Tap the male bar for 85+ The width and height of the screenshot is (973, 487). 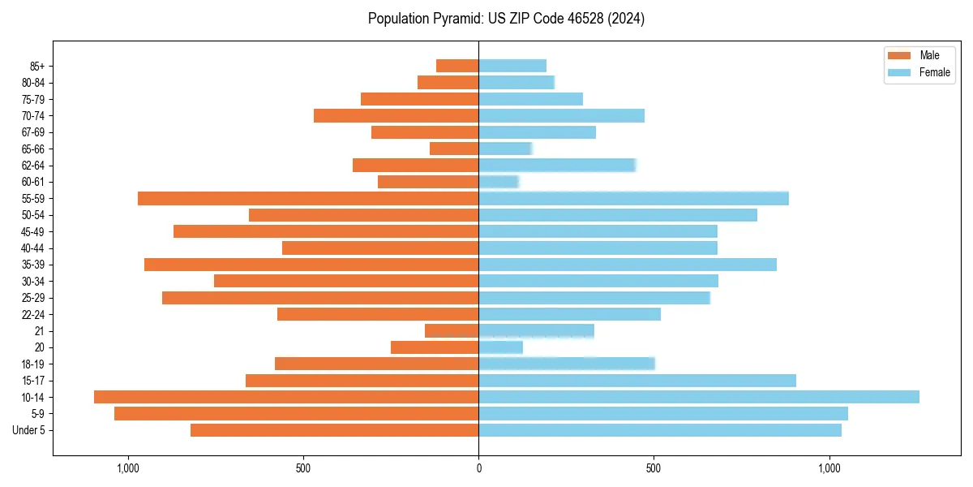pyautogui.click(x=457, y=66)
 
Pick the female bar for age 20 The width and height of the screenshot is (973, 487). pyautogui.click(x=501, y=347)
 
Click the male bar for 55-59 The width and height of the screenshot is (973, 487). pyautogui.click(x=308, y=198)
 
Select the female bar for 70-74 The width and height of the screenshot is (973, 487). pyautogui.click(x=561, y=115)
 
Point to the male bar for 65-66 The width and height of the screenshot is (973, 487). pyautogui.click(x=454, y=149)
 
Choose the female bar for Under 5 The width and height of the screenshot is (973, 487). pyautogui.click(x=660, y=430)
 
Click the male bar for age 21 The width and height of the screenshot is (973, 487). pyautogui.click(x=452, y=330)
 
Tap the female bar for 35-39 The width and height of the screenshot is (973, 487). pyautogui.click(x=628, y=265)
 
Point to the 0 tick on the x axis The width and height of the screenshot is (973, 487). pyautogui.click(x=478, y=468)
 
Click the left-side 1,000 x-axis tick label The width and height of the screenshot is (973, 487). pyautogui.click(x=128, y=468)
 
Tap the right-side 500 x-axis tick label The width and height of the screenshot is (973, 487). pyautogui.click(x=654, y=468)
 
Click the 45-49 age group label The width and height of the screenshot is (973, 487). pyautogui.click(x=32, y=231)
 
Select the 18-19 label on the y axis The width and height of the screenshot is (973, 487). pyautogui.click(x=32, y=364)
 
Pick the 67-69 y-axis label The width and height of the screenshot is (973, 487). pyautogui.click(x=32, y=132)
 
